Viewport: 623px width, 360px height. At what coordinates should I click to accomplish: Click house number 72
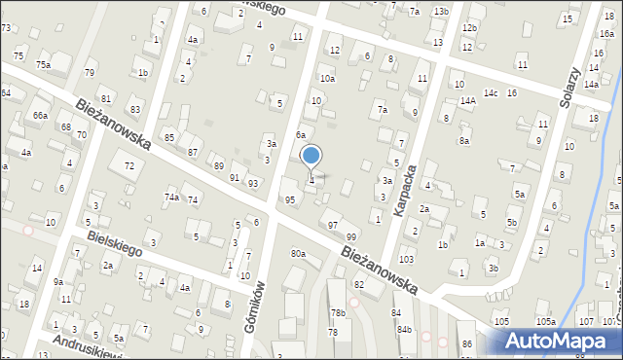(x=128, y=166)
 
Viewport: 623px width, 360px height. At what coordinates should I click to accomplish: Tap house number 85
(x=169, y=137)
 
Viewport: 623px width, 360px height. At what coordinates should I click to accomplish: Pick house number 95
(x=289, y=199)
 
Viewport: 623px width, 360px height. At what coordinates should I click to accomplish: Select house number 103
(x=406, y=260)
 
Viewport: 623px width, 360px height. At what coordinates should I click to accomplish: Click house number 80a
(x=298, y=254)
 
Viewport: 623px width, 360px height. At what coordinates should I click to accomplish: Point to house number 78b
(x=338, y=312)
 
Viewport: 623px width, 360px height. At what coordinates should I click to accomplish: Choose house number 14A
(x=467, y=100)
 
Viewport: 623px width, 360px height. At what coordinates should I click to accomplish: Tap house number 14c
(x=491, y=92)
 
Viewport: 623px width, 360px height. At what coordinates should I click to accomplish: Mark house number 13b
(x=441, y=11)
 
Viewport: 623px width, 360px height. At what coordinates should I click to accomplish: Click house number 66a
(x=40, y=115)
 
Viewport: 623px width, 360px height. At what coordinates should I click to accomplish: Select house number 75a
(x=44, y=64)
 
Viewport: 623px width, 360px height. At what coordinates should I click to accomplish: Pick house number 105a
(x=545, y=321)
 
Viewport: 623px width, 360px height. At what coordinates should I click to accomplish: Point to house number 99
(x=351, y=237)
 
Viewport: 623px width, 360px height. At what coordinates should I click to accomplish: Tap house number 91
(x=235, y=177)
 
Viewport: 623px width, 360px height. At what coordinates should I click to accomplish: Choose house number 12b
(x=470, y=28)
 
